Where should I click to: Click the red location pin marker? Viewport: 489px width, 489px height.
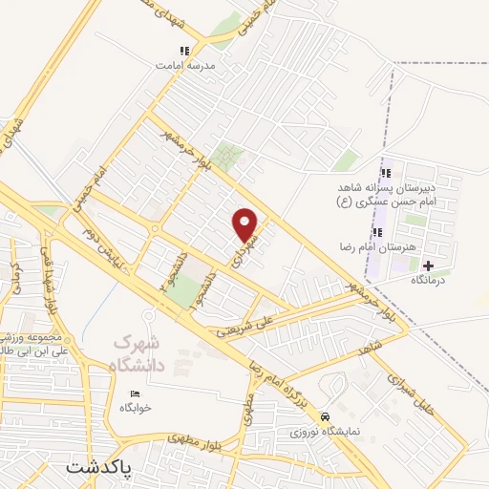(246, 223)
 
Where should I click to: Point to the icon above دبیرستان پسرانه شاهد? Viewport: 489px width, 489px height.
(387, 173)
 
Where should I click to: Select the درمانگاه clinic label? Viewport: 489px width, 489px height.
(430, 281)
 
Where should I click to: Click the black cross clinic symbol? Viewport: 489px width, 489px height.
(428, 265)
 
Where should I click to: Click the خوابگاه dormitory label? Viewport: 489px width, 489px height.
(136, 409)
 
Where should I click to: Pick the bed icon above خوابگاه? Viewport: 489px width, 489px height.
(135, 393)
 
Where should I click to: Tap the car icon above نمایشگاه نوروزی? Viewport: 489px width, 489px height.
(326, 417)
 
